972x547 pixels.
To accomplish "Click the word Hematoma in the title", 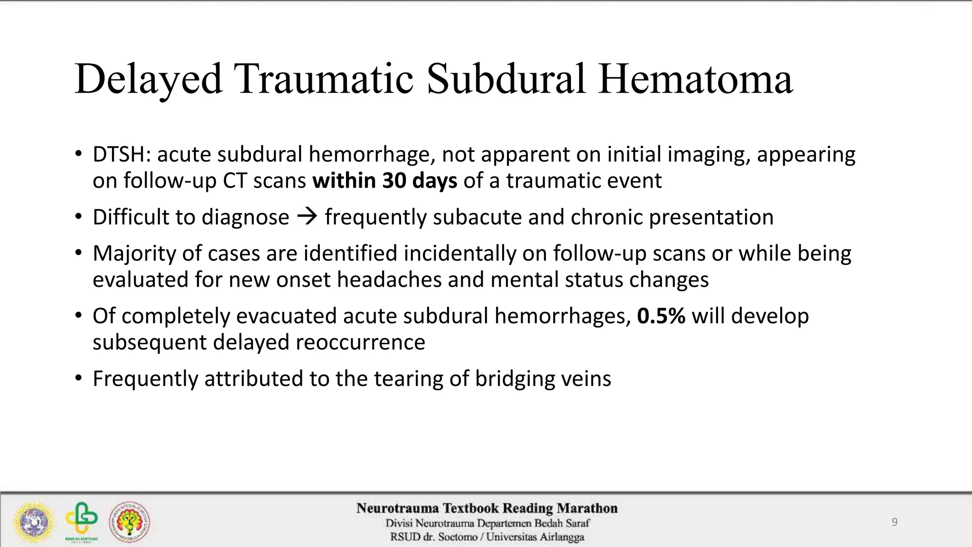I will (695, 79).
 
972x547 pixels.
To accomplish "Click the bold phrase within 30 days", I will (384, 180).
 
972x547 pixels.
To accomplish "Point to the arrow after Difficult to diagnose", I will (307, 217).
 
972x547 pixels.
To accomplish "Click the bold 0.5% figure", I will (661, 316).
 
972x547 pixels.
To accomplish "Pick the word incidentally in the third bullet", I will (459, 253).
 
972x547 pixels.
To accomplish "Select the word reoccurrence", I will (360, 342).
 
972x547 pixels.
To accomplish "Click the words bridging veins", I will (543, 378).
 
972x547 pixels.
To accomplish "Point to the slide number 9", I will (894, 522).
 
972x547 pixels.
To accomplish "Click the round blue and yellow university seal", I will (34, 522).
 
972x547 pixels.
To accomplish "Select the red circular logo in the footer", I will (130, 522).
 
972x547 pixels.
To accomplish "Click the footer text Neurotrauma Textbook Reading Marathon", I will (487, 509).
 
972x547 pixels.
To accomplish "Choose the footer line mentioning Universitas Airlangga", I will (487, 537).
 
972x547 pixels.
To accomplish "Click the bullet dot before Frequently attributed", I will (78, 378).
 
